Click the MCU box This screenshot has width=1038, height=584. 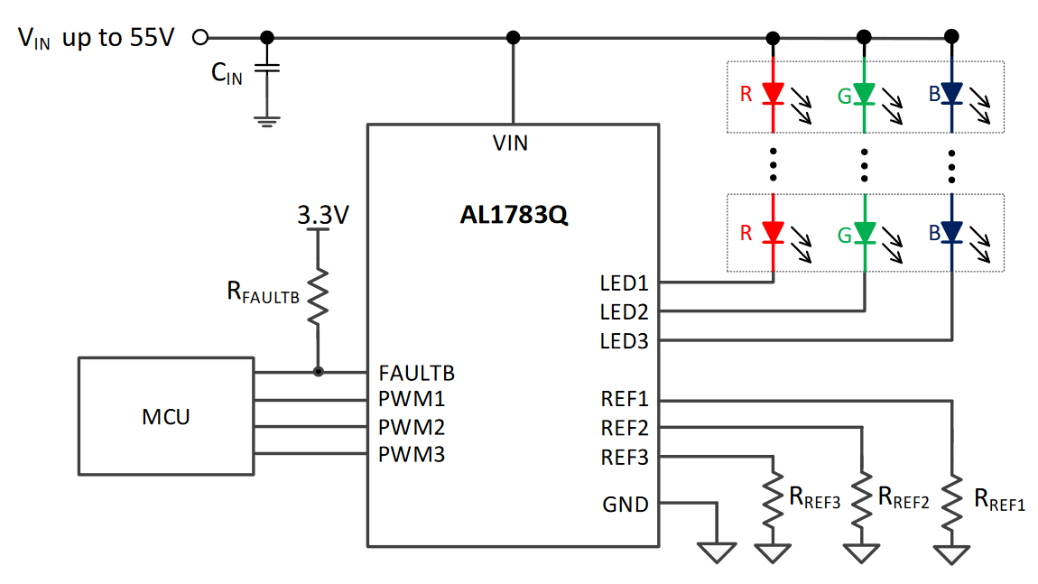166,416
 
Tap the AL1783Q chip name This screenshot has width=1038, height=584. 514,215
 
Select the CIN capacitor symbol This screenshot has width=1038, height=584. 267,69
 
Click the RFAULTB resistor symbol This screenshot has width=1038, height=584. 318,296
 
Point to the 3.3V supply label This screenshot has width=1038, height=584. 323,215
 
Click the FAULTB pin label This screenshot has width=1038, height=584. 416,374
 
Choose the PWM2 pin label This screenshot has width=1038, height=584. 411,428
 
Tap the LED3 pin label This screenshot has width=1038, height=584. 624,341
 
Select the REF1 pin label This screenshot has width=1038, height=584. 625,399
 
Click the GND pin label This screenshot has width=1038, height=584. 625,505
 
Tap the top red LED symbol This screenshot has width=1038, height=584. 774,94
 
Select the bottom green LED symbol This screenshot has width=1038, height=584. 865,233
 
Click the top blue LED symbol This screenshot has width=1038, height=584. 951,94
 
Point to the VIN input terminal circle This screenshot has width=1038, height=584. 199,37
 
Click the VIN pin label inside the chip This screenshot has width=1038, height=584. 510,143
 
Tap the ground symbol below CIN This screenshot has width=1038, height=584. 267,122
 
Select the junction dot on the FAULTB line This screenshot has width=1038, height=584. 319,372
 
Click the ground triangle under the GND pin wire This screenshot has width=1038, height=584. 717,552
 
